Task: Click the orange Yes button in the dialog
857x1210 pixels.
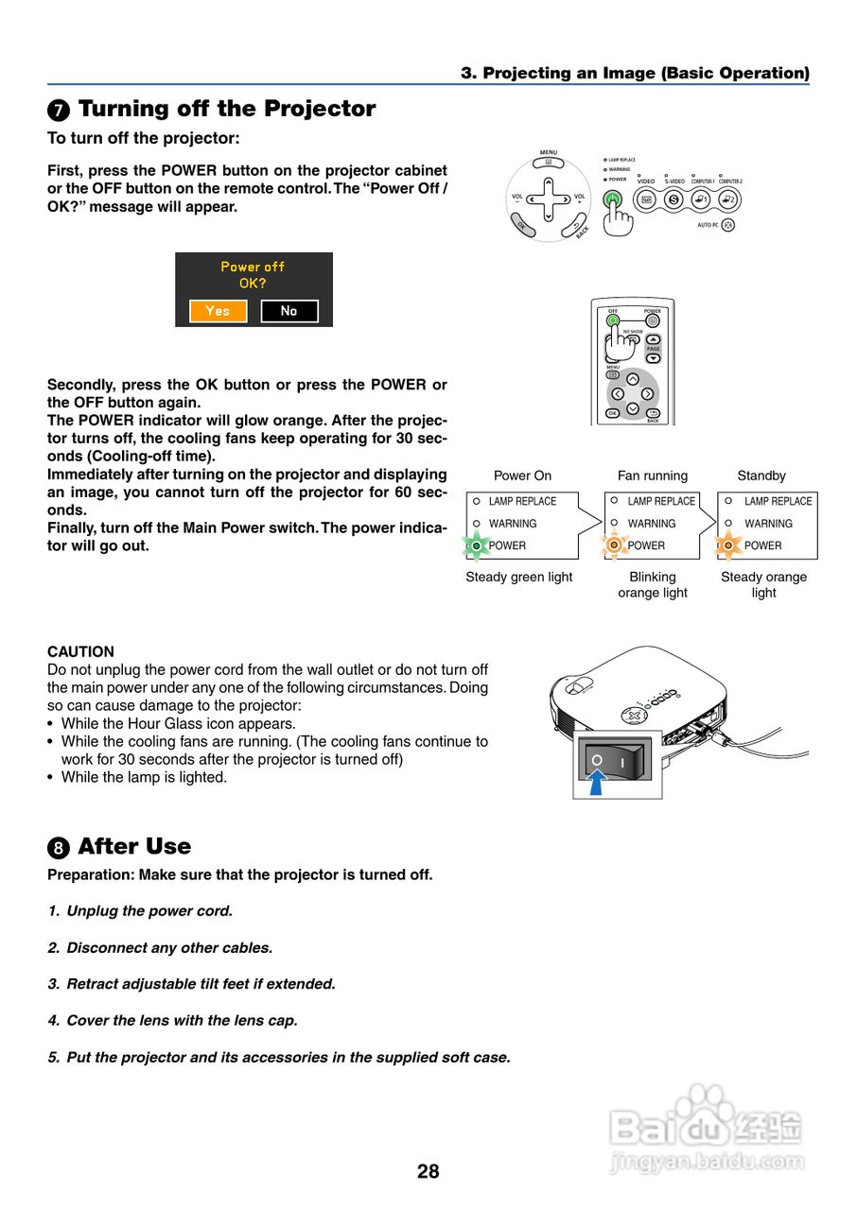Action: pos(218,311)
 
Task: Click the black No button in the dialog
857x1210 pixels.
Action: pos(289,311)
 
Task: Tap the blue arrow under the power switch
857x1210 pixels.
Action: pos(596,783)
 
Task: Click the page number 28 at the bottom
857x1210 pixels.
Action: pos(428,1171)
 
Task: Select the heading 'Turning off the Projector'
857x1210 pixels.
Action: pos(226,109)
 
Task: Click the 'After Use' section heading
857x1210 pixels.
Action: pos(134,846)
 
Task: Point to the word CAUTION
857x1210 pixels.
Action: pos(80,651)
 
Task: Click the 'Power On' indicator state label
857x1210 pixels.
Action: pos(522,475)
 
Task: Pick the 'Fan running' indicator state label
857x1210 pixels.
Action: pos(653,475)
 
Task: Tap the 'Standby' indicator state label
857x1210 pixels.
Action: pos(761,475)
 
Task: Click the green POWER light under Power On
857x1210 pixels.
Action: pos(477,545)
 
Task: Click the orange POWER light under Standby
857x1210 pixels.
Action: pos(728,545)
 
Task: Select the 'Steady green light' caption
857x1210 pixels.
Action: pos(518,577)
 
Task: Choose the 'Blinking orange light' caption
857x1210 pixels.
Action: pos(653,584)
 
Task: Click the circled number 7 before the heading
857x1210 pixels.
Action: pos(59,111)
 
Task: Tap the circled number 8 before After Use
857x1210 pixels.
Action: pos(59,848)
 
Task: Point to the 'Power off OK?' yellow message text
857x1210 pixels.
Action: pos(253,274)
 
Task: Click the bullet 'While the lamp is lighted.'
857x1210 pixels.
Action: pos(144,777)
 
